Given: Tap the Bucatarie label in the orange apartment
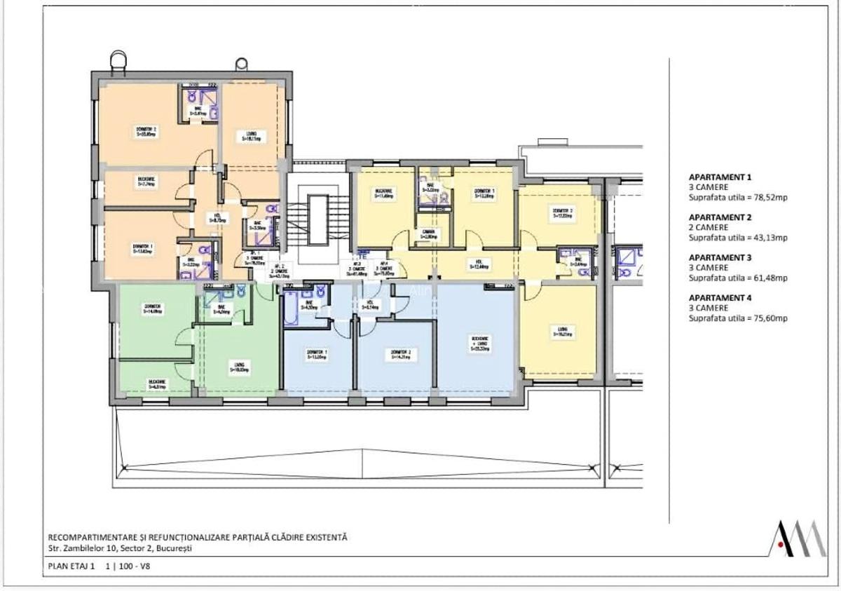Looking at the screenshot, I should [x=146, y=181].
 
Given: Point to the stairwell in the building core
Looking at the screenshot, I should [x=318, y=214].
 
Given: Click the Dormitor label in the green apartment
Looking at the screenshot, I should [x=153, y=308].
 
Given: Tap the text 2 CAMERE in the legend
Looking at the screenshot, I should [x=709, y=228].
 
